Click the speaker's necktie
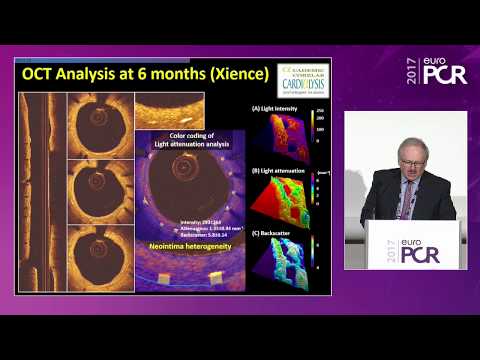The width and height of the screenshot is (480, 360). coord(404,200)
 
